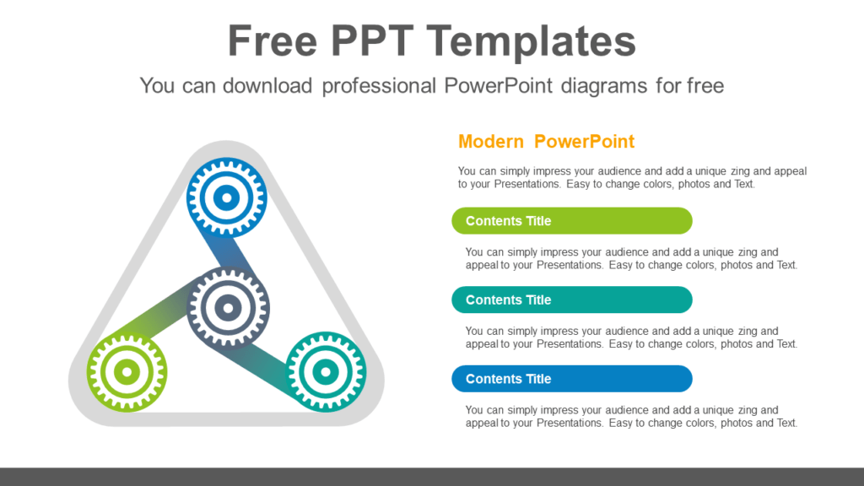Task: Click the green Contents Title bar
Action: [x=572, y=221]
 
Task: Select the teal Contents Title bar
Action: [x=572, y=300]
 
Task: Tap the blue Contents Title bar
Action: [x=572, y=379]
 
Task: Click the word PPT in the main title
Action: [x=372, y=40]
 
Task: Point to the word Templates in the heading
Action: [x=532, y=42]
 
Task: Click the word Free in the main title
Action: [x=273, y=40]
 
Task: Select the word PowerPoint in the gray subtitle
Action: [x=498, y=86]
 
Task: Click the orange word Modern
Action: [x=491, y=142]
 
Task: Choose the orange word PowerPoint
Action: [x=584, y=142]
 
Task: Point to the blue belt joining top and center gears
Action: [x=226, y=251]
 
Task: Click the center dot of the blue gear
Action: [x=226, y=197]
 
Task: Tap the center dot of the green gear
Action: [x=127, y=372]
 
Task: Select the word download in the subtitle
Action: [x=267, y=86]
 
